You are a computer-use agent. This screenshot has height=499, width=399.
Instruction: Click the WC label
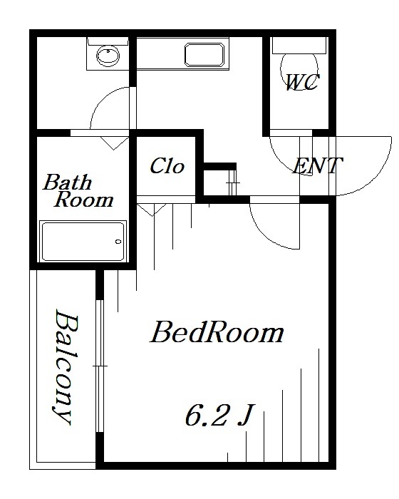(302, 82)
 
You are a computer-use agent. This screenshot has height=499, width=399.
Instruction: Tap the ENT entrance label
(317, 165)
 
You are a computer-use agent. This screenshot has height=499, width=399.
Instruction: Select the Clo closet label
(167, 166)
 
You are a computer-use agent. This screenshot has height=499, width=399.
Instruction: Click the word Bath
(68, 182)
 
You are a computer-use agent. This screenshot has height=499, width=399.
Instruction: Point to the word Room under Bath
(83, 200)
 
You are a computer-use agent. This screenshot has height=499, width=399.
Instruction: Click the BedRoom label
(217, 332)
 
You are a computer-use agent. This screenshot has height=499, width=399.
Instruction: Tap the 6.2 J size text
(219, 416)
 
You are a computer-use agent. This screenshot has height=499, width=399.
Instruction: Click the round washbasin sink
(108, 56)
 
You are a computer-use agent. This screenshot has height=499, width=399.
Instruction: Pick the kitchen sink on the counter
(204, 55)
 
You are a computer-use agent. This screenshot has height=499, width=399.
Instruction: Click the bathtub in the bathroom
(83, 241)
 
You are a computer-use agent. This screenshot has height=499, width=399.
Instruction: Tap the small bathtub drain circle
(118, 242)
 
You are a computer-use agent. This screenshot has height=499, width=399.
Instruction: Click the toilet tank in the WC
(299, 46)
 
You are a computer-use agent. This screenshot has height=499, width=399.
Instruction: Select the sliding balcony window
(100, 366)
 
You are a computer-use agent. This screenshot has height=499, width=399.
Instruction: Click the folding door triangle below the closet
(152, 210)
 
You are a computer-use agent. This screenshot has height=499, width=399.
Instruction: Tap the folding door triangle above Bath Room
(114, 143)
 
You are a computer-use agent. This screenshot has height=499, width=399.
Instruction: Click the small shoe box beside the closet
(219, 183)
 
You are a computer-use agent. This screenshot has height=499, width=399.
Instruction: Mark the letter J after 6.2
(246, 416)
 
